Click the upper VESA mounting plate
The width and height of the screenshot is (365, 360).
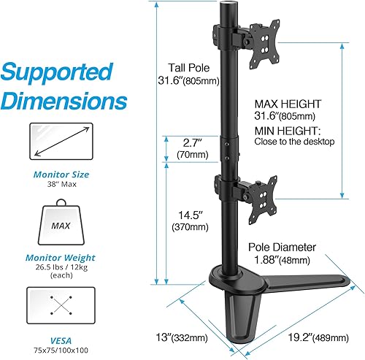point(263,43)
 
